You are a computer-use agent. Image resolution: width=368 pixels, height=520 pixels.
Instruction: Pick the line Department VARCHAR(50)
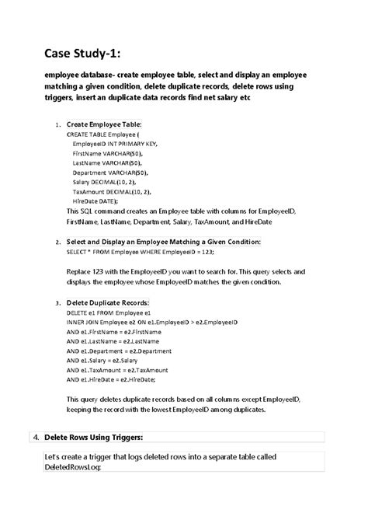pos(110,172)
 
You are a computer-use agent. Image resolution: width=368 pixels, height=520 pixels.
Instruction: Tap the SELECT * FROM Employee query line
pos(140,253)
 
